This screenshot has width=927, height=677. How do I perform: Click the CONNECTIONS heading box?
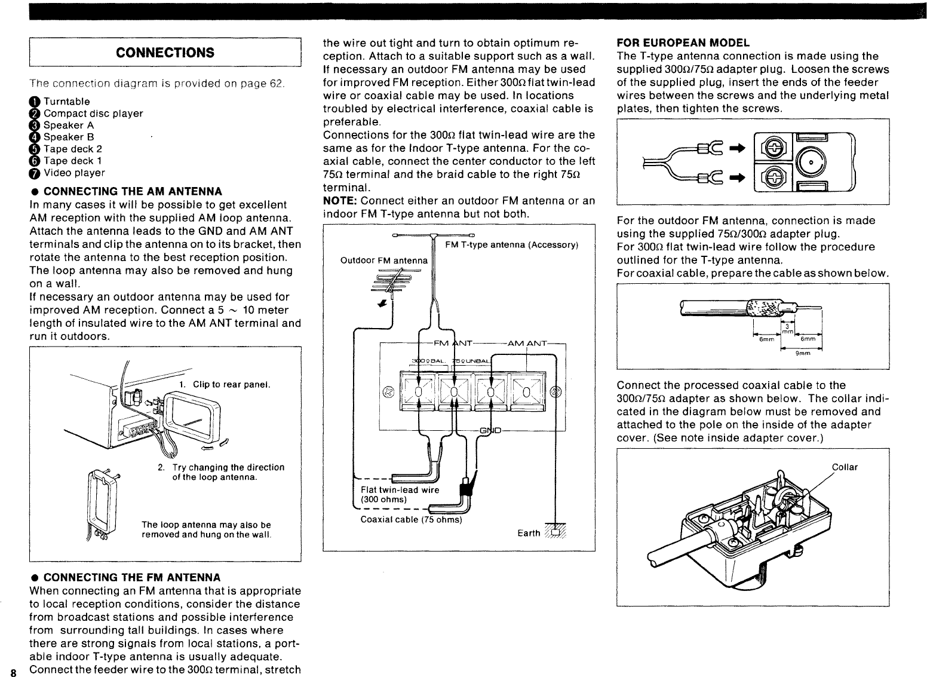pyautogui.click(x=165, y=52)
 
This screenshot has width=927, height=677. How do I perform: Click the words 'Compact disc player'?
pyautogui.click(x=93, y=114)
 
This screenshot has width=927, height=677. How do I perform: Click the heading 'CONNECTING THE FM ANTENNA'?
pyautogui.click(x=132, y=577)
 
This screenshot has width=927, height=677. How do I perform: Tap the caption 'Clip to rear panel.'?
pyautogui.click(x=232, y=384)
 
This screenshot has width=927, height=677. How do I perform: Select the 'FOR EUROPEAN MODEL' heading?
pyautogui.click(x=683, y=43)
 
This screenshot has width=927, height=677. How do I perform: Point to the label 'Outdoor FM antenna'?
pyautogui.click(x=383, y=261)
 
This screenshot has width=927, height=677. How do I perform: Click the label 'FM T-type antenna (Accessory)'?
pyautogui.click(x=511, y=245)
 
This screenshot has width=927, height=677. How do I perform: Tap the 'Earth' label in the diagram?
pyautogui.click(x=529, y=534)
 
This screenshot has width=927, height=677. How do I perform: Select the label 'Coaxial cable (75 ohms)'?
pyautogui.click(x=412, y=519)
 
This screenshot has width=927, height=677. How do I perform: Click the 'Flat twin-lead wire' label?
pyautogui.click(x=400, y=490)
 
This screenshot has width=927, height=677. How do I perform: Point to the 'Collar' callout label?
pyautogui.click(x=845, y=467)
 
